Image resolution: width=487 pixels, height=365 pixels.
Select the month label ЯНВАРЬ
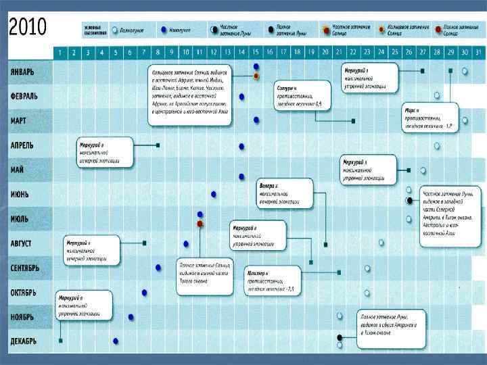tap(31, 72)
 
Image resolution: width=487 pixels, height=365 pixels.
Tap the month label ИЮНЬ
tap(26, 194)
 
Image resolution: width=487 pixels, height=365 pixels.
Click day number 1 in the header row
tap(60, 52)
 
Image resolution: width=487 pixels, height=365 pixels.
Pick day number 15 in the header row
tap(256, 52)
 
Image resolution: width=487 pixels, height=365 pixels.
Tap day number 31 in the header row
tap(479, 52)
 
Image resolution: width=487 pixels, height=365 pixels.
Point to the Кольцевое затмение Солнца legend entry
tap(405, 30)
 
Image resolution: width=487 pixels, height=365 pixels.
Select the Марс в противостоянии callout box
tap(430, 117)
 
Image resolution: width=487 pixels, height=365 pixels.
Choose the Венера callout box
tap(285, 193)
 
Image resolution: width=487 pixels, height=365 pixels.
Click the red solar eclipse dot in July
tap(200, 222)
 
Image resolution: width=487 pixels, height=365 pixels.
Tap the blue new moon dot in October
tap(144, 293)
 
